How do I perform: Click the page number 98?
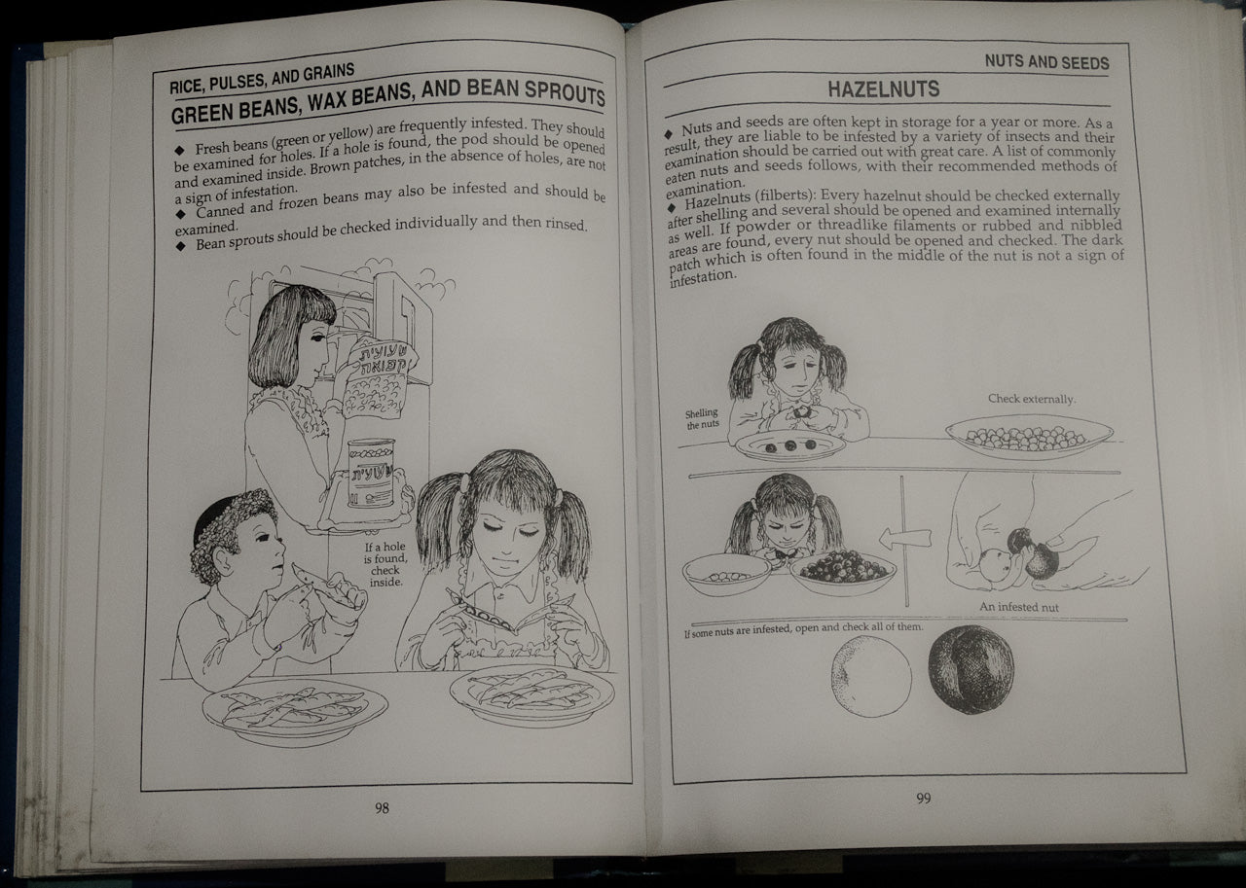coord(382,808)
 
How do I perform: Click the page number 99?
coord(923,799)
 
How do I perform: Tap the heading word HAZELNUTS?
coord(883,89)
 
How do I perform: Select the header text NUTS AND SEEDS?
coord(1045,62)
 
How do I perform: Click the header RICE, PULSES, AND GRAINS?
coord(262,78)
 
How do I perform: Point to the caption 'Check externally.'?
coord(1032,399)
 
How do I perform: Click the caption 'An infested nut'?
coord(1019,607)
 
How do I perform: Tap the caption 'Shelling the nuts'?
coord(701,419)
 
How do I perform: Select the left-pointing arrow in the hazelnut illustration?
coord(904,538)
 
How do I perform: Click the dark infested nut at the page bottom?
coord(970,669)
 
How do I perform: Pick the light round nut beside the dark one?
coord(871,676)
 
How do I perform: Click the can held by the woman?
coord(371,472)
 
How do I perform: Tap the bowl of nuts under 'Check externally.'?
coord(1029,438)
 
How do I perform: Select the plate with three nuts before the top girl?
coord(789,445)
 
